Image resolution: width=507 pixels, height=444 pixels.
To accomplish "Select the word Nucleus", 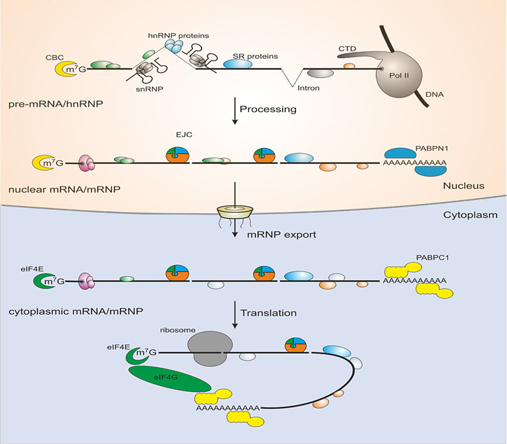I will click(x=464, y=186).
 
